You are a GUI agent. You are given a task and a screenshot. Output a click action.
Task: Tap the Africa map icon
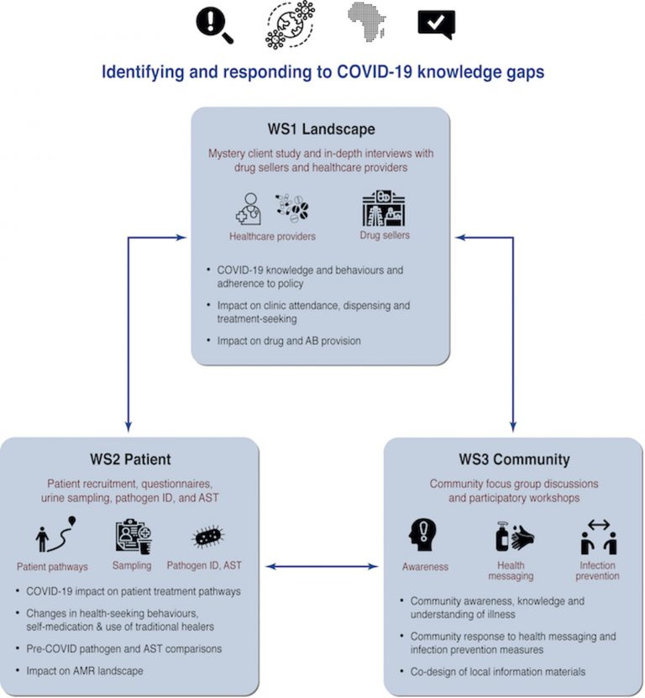click(x=366, y=21)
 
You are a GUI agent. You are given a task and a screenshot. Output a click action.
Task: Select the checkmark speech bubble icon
click(x=436, y=24)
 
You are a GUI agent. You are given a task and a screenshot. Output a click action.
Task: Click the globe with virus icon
click(x=290, y=24)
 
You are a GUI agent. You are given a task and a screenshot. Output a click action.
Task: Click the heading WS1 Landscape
click(x=321, y=129)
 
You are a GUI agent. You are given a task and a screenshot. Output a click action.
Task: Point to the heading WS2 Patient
click(x=130, y=459)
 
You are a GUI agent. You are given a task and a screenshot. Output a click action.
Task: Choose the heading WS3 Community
click(x=514, y=459)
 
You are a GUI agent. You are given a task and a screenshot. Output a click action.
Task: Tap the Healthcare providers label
click(x=272, y=236)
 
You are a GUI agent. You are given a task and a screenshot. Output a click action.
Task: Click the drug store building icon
click(x=384, y=208)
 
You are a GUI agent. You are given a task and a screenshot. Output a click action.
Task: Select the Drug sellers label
click(x=385, y=235)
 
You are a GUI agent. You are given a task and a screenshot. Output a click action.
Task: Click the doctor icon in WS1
click(x=249, y=209)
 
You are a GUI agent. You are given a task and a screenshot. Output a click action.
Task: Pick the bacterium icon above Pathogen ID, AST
click(x=208, y=537)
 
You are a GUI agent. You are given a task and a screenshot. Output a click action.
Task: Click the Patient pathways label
click(x=52, y=567)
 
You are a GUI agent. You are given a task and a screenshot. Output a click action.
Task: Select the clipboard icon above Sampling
click(x=134, y=537)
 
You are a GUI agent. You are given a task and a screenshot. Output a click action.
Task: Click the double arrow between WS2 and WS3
click(x=322, y=566)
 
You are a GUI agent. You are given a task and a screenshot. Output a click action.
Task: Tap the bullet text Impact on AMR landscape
click(x=85, y=671)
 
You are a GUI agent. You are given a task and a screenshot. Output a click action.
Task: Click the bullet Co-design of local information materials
click(x=498, y=671)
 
